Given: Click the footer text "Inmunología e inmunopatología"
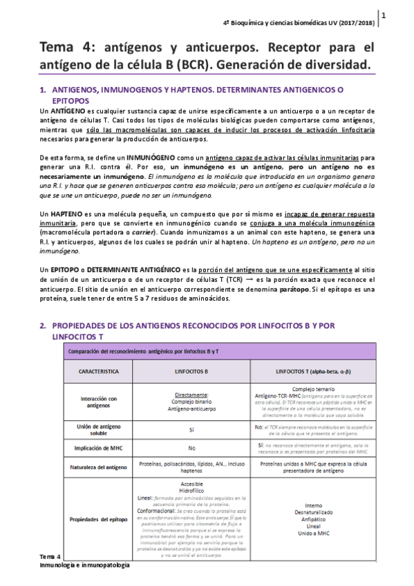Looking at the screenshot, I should pyautogui.click(x=84, y=565).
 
